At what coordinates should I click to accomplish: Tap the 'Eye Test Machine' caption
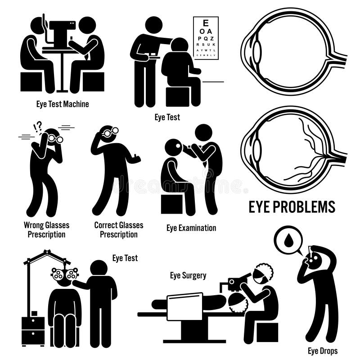[x=62, y=104]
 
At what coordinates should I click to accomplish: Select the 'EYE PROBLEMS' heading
[x=292, y=207]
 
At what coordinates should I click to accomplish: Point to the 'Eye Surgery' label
[x=188, y=275]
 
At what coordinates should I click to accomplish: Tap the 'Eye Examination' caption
[x=191, y=228]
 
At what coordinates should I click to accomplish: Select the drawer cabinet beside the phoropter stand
[x=33, y=330]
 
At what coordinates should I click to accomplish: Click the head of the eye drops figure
[x=317, y=258]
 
